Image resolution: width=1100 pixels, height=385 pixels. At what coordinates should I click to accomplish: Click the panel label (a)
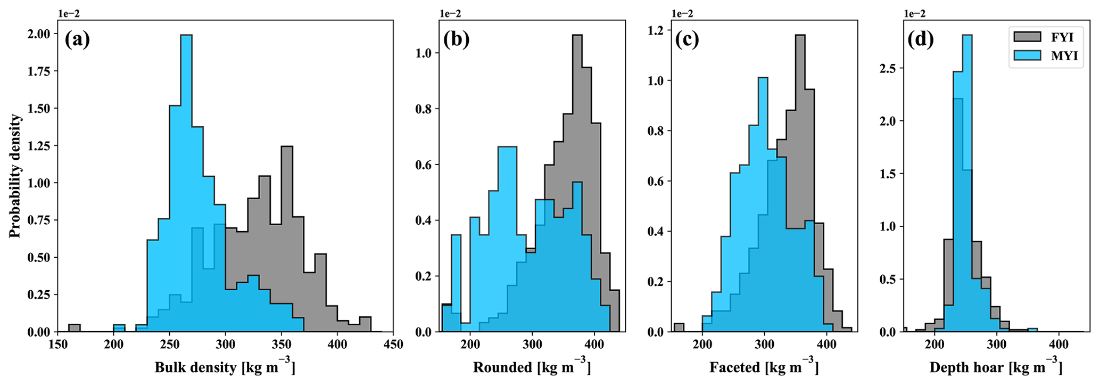(77, 40)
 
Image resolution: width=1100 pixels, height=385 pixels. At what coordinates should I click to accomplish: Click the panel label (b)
(457, 40)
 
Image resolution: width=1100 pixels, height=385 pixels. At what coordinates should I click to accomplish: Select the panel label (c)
(688, 40)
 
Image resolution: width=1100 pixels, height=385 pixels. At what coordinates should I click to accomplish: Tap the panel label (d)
(921, 40)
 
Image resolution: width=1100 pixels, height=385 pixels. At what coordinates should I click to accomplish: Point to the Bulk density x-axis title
(225, 367)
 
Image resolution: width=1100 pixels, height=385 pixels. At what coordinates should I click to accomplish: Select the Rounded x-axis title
(532, 367)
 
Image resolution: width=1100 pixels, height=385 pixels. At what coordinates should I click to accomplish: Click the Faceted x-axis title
(764, 367)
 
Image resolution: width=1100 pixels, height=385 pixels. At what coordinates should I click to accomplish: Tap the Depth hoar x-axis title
(996, 367)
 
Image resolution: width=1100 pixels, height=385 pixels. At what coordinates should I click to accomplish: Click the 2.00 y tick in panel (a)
(40, 34)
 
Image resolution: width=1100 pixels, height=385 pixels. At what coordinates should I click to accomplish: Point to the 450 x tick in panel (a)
(393, 345)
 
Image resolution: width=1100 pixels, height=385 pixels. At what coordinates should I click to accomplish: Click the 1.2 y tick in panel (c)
(656, 30)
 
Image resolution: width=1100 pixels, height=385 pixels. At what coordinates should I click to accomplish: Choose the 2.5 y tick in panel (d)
(888, 69)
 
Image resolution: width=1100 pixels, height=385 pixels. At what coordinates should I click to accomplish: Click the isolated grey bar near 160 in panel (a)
(75, 328)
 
